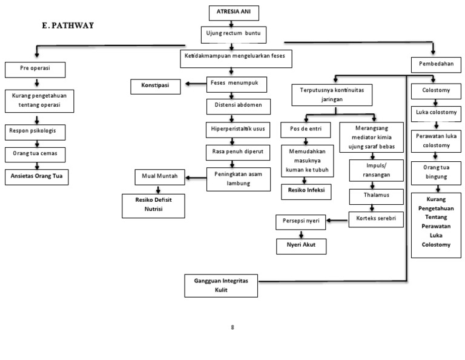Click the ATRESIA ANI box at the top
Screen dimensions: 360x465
[232, 12]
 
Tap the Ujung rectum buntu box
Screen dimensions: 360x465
[232, 34]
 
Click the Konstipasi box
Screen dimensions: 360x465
[156, 86]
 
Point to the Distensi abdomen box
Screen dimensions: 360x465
[237, 107]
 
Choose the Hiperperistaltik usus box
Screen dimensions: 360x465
[237, 128]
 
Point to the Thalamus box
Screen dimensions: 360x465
[376, 196]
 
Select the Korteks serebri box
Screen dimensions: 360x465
[376, 219]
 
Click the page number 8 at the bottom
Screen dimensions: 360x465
[232, 327]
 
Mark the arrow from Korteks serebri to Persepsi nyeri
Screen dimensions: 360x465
[337, 220]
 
